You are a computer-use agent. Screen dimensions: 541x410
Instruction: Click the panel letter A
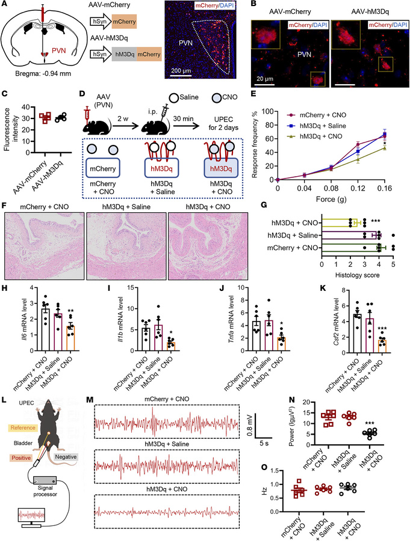(x=5, y=5)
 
